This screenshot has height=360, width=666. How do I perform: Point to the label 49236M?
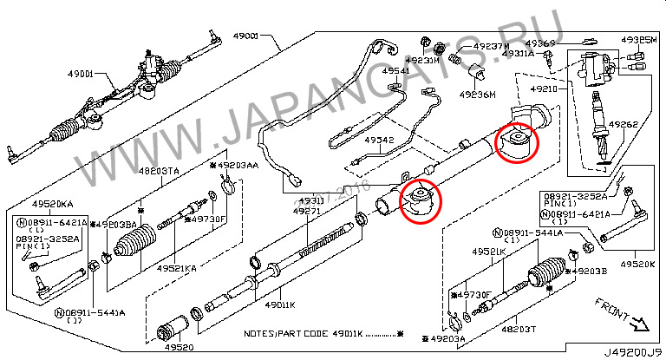477,95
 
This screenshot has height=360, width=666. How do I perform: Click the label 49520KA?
55,204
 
